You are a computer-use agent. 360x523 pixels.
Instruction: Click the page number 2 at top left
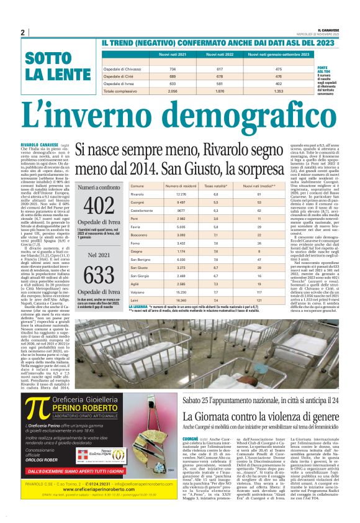pyautogui.click(x=22, y=32)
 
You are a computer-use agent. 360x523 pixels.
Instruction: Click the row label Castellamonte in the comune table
pyautogui.click(x=142, y=211)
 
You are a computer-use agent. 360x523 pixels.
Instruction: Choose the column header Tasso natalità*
pyautogui.click(x=217, y=186)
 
